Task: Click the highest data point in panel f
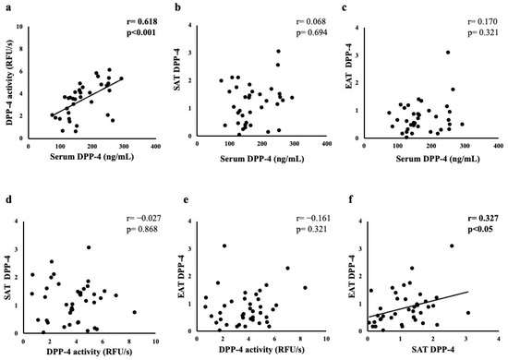coord(453,246)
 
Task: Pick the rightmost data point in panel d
coord(134,312)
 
